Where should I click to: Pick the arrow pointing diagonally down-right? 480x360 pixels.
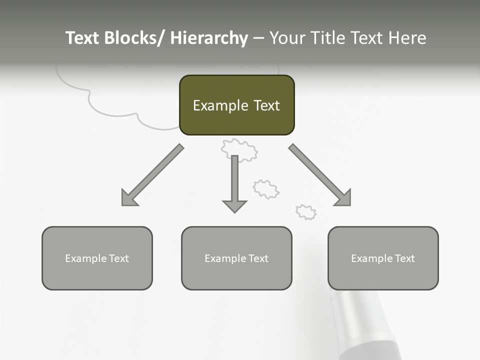[320, 175]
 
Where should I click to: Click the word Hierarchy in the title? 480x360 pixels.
[209, 38]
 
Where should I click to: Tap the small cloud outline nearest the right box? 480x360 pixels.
[306, 212]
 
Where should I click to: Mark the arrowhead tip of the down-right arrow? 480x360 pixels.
[349, 204]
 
